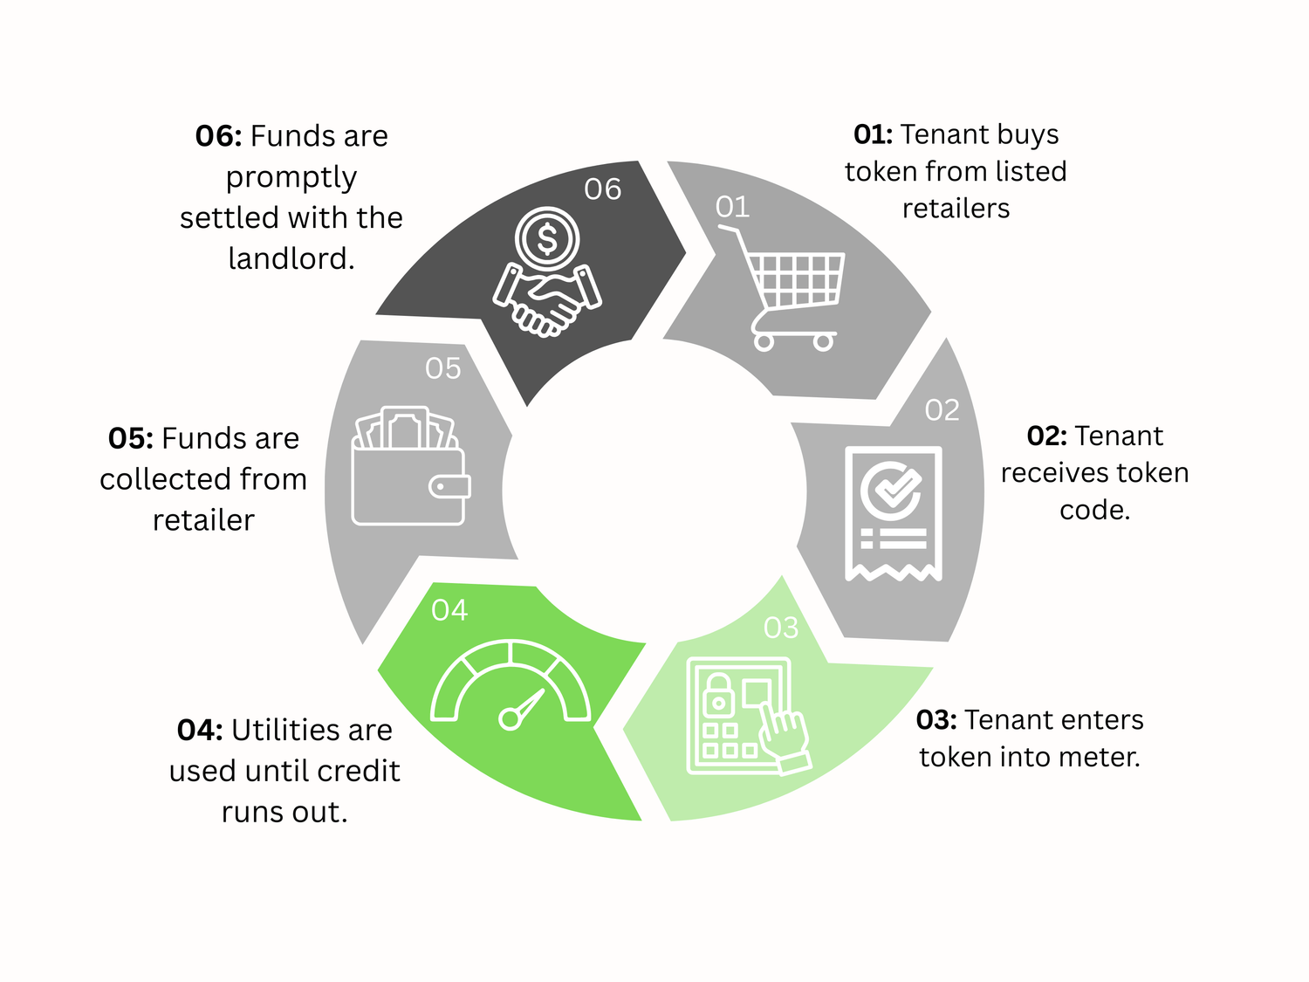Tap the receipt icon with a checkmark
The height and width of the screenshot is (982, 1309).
coord(893,513)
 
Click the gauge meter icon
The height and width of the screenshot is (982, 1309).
coord(511,685)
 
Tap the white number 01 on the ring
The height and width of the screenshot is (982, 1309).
coord(732,207)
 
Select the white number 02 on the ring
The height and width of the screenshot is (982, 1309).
coord(942,410)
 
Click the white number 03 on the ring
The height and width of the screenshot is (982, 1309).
coord(780,628)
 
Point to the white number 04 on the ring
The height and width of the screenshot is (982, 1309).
coord(449,610)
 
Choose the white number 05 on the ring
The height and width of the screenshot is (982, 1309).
coord(442,368)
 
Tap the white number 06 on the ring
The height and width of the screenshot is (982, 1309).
coord(602,189)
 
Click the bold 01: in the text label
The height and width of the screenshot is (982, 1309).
coord(873,134)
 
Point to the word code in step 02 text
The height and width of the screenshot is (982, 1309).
coord(1091,510)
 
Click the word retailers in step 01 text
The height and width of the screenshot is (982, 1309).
coord(956,209)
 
